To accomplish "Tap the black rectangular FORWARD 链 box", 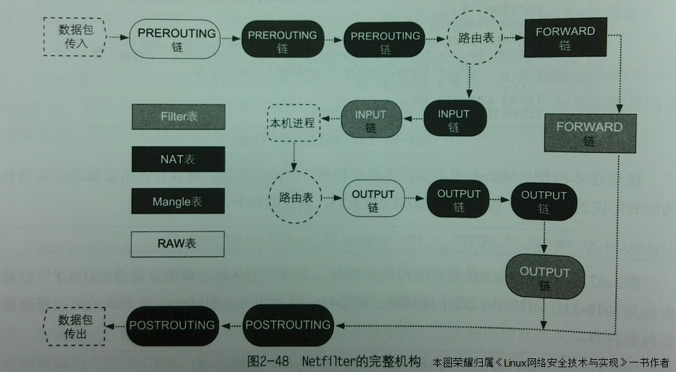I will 565,38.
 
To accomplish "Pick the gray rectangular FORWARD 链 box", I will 589,133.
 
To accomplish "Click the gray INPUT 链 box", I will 370,120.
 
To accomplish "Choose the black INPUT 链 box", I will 454,120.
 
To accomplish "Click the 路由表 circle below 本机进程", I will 296,197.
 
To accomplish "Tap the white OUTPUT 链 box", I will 373,199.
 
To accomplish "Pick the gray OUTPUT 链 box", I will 544,278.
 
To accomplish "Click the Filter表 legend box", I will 178,117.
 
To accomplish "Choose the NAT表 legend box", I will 178,159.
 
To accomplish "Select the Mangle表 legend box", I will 178,201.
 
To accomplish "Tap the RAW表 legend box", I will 178,244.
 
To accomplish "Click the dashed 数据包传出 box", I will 73,326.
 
